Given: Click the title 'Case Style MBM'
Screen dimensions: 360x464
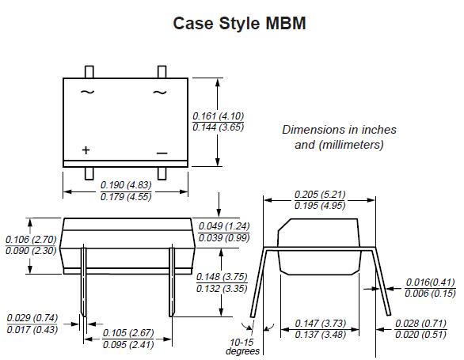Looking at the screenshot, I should tap(239, 24).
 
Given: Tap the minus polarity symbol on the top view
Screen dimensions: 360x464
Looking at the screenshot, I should tap(162, 152).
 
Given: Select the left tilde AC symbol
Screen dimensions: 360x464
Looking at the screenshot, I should tap(87, 93).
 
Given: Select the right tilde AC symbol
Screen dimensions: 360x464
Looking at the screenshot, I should tap(159, 93).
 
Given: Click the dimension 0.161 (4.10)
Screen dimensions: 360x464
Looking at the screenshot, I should tap(219, 116).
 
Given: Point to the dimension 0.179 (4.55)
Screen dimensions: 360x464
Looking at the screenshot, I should tap(126, 197).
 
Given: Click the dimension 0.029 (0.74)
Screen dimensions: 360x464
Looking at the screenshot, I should tap(31, 318).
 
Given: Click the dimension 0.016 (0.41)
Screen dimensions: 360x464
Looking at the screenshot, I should tap(431, 282).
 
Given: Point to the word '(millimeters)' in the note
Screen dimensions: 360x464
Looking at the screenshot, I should tap(351, 145).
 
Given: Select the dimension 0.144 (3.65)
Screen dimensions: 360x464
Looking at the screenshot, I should tap(219, 127).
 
